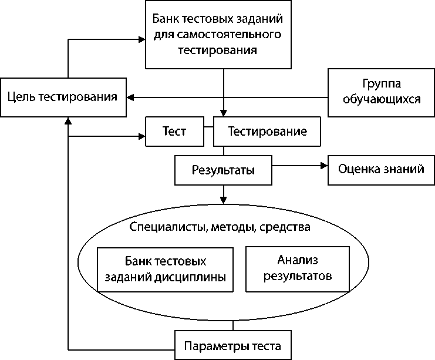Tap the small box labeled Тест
174,132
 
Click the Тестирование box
267,132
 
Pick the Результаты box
223,170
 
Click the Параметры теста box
233,345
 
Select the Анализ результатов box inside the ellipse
298,268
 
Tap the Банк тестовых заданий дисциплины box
164,269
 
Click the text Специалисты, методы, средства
219,226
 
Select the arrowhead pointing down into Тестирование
223,113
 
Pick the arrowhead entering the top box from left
141,39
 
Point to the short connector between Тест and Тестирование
207,127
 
